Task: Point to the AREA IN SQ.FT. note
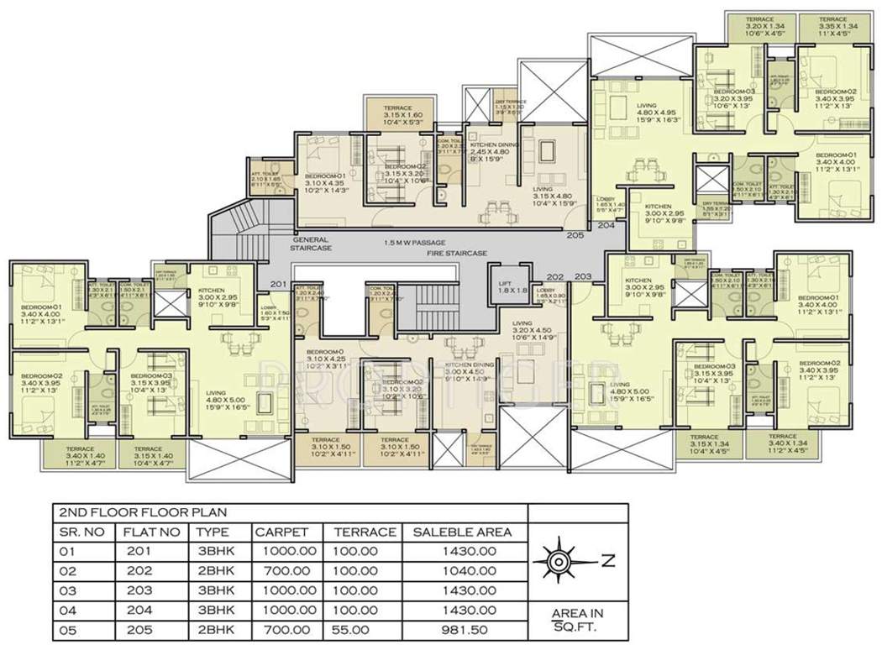point(576,620)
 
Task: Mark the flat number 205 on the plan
point(575,235)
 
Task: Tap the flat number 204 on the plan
point(606,225)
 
